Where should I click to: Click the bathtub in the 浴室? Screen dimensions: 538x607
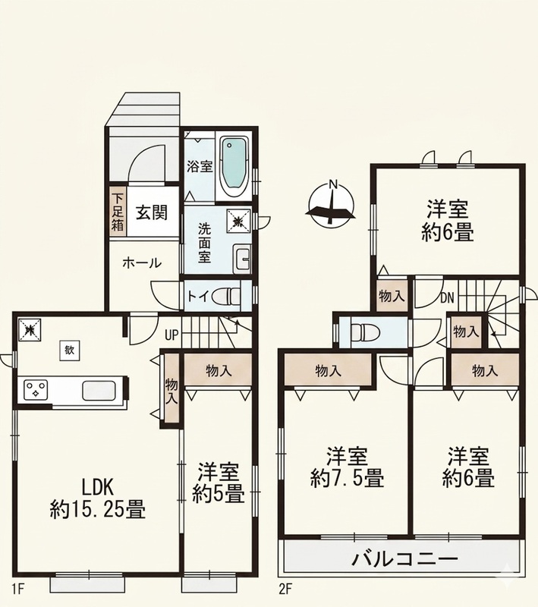(234, 167)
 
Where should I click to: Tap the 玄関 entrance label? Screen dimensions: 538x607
(152, 212)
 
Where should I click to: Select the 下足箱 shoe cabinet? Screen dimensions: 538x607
(118, 212)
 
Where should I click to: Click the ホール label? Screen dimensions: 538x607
(142, 263)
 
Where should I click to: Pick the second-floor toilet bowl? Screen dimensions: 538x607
(363, 332)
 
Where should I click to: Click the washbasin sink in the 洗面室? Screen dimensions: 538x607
(242, 259)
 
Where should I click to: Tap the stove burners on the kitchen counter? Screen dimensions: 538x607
(36, 389)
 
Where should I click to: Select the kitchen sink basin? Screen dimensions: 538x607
(99, 390)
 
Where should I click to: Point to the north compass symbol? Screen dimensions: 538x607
(332, 203)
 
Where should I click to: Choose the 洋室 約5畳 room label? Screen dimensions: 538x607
(218, 483)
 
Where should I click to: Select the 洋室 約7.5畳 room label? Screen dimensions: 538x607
(347, 467)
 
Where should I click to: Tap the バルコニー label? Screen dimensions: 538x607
(405, 558)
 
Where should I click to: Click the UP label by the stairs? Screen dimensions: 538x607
(171, 335)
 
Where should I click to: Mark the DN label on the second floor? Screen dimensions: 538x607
(447, 297)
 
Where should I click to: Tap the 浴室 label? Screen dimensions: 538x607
(200, 167)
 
